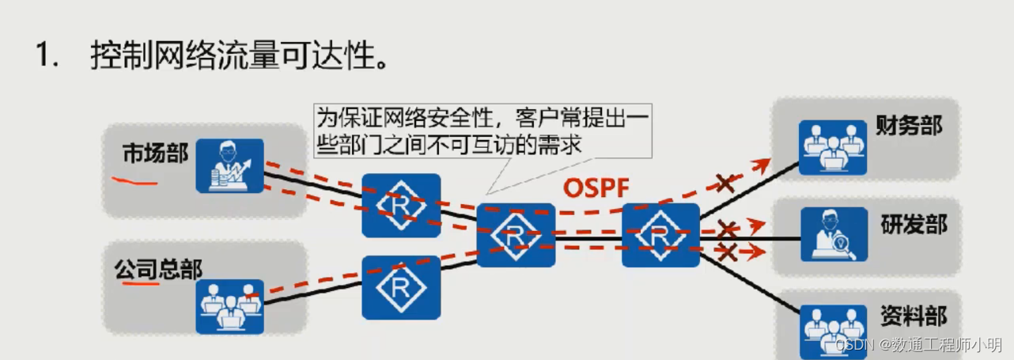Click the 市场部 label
coord(155,153)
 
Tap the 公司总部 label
coord(157,270)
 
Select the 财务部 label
coord(909,124)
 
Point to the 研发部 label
coord(914,224)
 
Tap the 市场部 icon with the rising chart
coord(229,165)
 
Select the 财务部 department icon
coord(831,147)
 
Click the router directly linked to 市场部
coord(400,206)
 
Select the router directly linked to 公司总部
coord(400,287)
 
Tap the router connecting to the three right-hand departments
coord(660,235)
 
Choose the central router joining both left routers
coord(516,235)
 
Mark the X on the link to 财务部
coord(725,184)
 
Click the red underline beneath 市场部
coord(133,181)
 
